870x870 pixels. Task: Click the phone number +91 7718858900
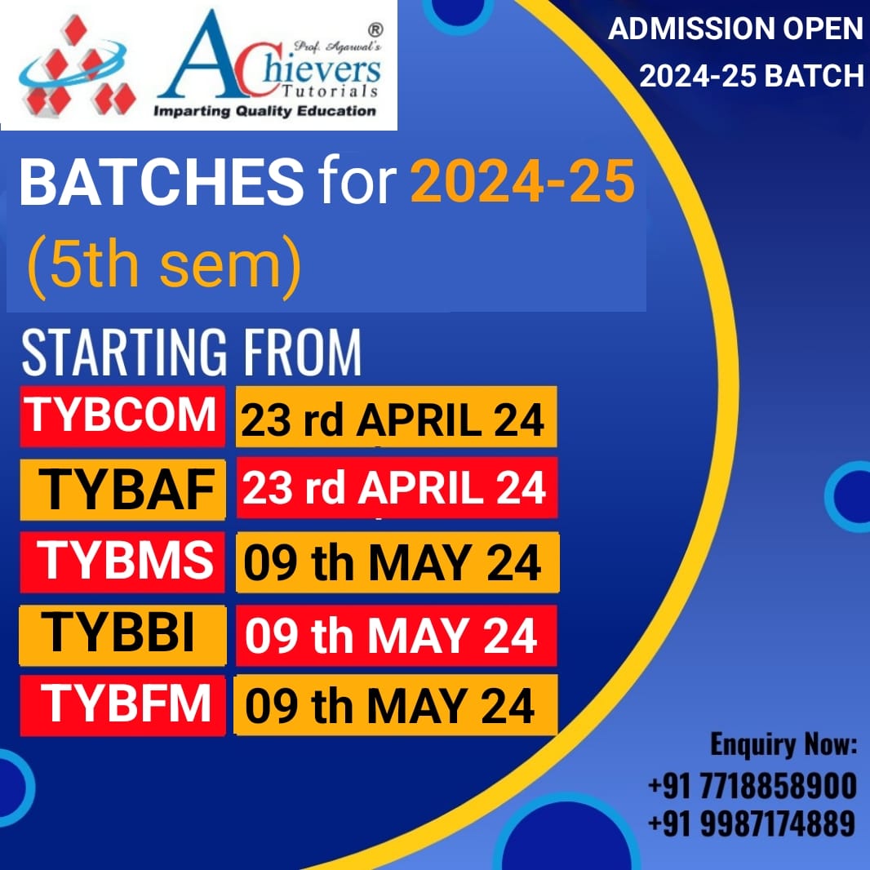coord(752,786)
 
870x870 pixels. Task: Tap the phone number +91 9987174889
coord(752,823)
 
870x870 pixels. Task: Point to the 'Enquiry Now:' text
coord(783,744)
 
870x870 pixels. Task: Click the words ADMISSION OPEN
coord(735,29)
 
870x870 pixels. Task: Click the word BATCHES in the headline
coord(162,181)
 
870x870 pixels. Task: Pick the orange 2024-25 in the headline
coord(522,181)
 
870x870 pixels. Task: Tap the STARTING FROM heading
coord(192,352)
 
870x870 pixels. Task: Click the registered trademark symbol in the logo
coord(375,29)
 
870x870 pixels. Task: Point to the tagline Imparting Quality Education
coord(264,111)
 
